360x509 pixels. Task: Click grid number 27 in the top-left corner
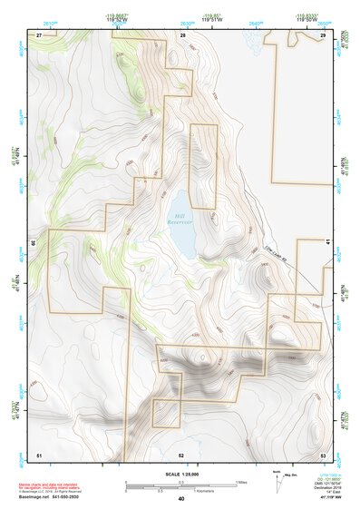coord(40,34)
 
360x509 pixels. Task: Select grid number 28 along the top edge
coord(182,34)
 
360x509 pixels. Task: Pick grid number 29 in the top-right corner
coord(323,34)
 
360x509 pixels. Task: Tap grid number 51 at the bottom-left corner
coord(39,454)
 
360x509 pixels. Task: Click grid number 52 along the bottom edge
coord(181,454)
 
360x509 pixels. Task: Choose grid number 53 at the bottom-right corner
coord(323,454)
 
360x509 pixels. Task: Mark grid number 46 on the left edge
coord(34,243)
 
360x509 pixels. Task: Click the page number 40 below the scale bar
coord(181,499)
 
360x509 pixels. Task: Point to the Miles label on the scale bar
coord(244,481)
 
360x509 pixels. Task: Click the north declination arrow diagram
coord(278,482)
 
